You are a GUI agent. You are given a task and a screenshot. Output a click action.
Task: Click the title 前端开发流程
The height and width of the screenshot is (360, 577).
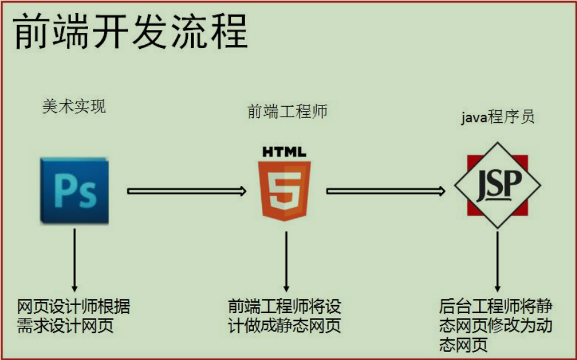point(130,31)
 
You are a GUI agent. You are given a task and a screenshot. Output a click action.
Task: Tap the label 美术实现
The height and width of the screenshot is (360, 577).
point(74,107)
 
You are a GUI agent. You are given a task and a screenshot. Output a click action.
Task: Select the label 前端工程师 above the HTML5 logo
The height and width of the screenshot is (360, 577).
point(287,112)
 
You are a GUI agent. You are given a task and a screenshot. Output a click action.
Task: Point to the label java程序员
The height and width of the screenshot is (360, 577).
point(498,117)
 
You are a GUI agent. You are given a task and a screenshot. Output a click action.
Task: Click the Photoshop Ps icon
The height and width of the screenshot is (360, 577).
point(74,190)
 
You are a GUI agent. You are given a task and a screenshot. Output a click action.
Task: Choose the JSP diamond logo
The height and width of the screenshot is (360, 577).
point(497,185)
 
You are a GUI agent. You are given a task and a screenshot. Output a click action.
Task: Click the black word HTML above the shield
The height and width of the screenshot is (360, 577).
point(284,152)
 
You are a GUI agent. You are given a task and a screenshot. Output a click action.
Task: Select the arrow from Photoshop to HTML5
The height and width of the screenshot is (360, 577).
point(187,191)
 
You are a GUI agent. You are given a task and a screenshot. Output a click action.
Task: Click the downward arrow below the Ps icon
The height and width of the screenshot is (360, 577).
point(74,258)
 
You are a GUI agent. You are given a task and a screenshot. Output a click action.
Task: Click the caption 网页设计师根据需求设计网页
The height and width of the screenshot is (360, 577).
point(74,316)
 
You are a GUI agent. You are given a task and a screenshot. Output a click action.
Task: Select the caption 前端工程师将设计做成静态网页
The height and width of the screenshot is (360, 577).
point(285,316)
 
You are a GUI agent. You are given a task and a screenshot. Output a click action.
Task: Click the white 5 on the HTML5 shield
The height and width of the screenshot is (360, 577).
point(285,191)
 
